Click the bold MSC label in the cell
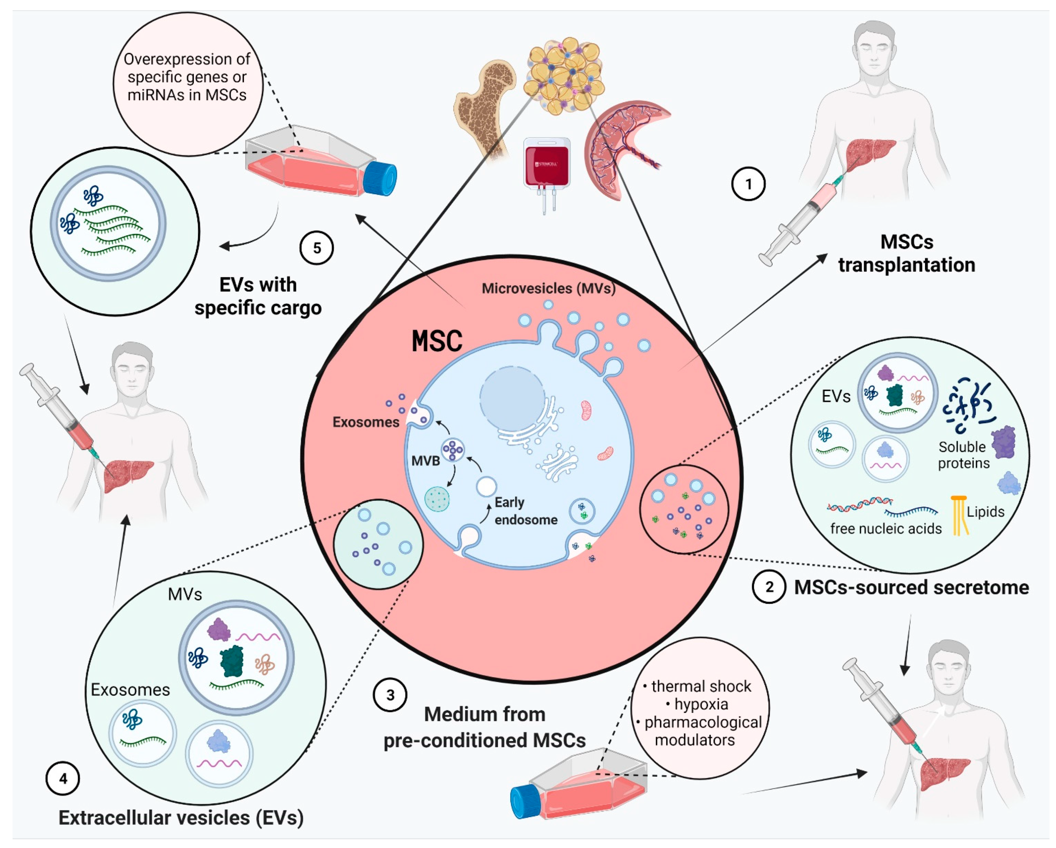437,341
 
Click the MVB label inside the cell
425,461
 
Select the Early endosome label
525,511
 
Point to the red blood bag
547,164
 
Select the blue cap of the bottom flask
525,801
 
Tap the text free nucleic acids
886,528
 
